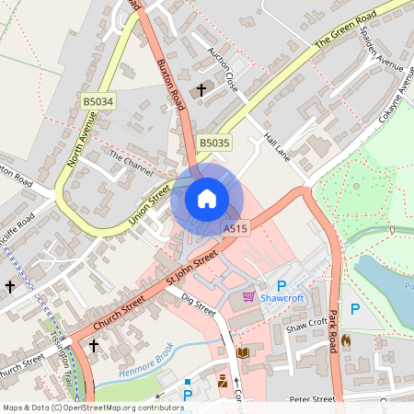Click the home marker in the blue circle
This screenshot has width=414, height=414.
click(x=207, y=198)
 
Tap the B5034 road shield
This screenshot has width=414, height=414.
click(x=98, y=101)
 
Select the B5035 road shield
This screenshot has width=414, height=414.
click(x=214, y=143)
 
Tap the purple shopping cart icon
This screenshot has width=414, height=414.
click(x=248, y=296)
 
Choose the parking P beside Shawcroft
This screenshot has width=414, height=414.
click(x=282, y=286)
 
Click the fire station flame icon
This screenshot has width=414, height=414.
click(x=346, y=339)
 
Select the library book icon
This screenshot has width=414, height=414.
click(x=243, y=352)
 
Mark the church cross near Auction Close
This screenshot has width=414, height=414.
click(x=201, y=89)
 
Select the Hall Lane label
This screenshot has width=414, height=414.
click(x=276, y=147)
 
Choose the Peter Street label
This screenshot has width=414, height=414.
click(x=312, y=400)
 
